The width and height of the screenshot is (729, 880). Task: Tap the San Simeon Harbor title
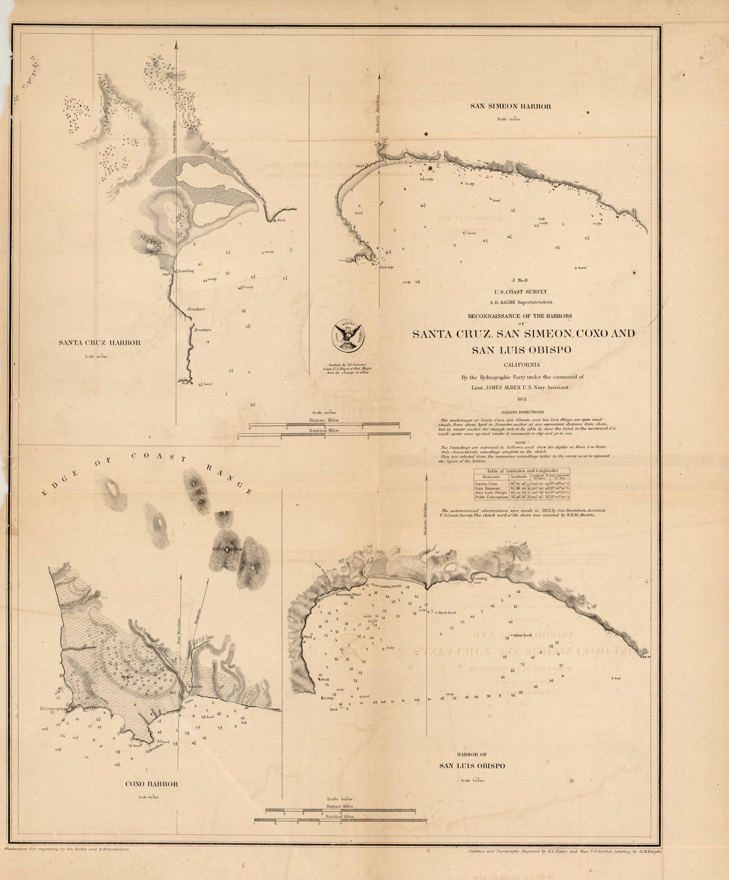pyautogui.click(x=510, y=106)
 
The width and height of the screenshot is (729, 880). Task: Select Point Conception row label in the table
pyautogui.click(x=491, y=497)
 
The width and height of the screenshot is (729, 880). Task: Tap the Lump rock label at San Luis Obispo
pyautogui.click(x=328, y=698)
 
